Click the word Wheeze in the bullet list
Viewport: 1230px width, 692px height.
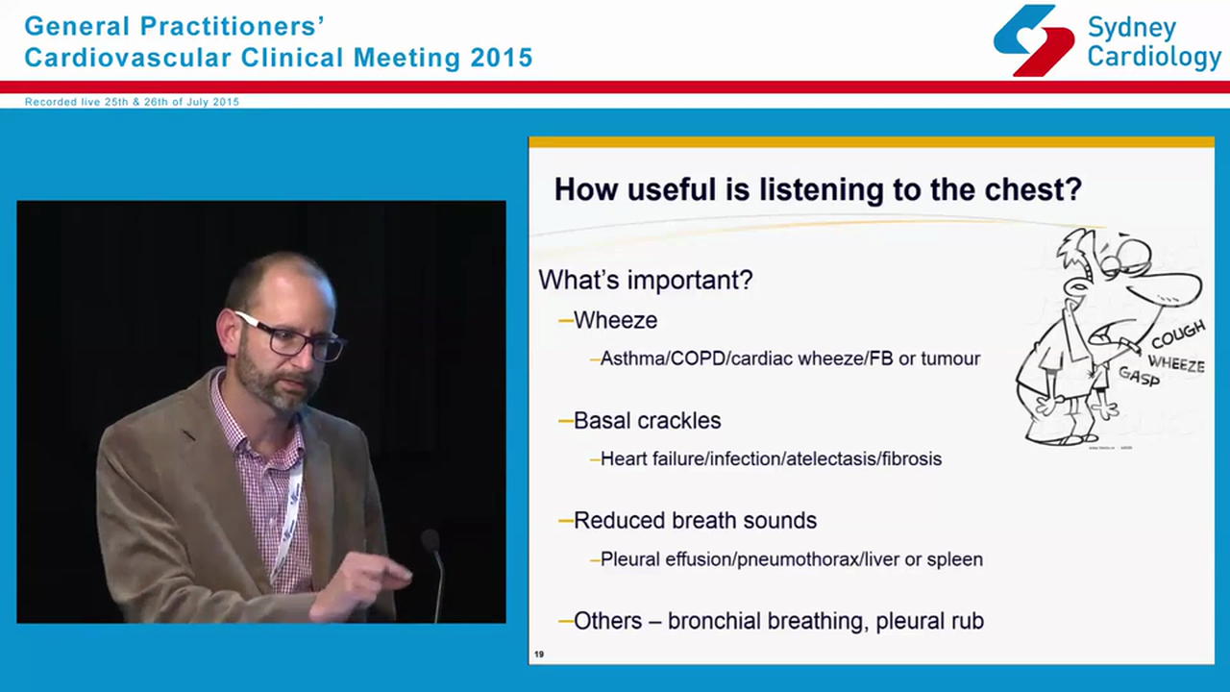(x=615, y=321)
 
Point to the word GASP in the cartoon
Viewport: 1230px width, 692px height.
(x=1139, y=376)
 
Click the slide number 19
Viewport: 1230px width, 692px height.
(x=539, y=655)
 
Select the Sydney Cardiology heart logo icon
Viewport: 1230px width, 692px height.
(x=1033, y=40)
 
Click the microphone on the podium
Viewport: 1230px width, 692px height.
(x=431, y=544)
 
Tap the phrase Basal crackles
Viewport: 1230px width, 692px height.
(x=647, y=421)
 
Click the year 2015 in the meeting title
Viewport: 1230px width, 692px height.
(x=501, y=58)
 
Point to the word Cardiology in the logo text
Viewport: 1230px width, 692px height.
(x=1154, y=57)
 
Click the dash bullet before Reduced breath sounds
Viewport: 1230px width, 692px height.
(x=565, y=521)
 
